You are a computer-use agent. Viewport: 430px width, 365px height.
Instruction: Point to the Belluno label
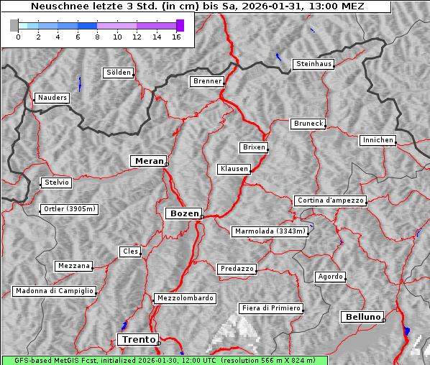pos(362,316)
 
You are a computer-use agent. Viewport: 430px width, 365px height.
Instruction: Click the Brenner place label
pos(207,81)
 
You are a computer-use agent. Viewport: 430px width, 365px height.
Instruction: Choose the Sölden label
pos(119,73)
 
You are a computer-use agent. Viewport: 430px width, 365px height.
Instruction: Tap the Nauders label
pos(52,98)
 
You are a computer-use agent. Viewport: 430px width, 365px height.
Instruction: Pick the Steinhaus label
pos(314,64)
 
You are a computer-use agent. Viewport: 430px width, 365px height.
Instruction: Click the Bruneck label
pos(308,124)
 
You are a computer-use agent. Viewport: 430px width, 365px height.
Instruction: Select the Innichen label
pos(378,140)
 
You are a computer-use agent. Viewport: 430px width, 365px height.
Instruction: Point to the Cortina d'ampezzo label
pos(330,200)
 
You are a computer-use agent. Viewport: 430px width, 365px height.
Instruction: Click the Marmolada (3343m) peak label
pos(270,231)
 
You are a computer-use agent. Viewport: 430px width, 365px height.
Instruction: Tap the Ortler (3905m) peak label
pos(68,209)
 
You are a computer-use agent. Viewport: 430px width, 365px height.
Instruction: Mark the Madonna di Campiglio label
pos(54,291)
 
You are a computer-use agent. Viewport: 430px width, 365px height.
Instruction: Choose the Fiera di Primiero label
pos(271,308)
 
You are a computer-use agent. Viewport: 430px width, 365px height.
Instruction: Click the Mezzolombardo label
pos(184,297)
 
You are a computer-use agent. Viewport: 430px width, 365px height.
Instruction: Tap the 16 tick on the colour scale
pos(176,37)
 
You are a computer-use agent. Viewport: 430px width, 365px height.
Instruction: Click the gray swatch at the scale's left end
pos(14,25)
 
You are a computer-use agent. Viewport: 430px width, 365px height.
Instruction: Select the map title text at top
pos(197,6)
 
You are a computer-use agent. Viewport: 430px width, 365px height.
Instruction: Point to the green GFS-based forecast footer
pos(164,360)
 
